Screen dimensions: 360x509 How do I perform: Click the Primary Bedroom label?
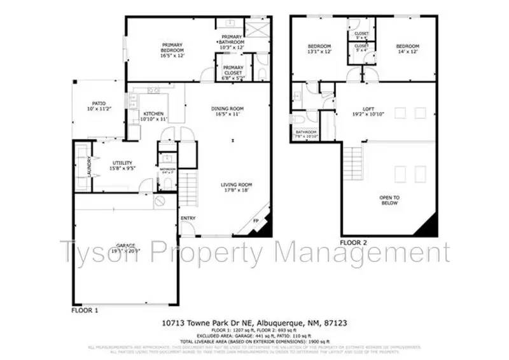click(172, 47)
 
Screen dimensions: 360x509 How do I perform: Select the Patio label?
click(99, 106)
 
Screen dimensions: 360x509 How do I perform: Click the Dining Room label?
click(228, 111)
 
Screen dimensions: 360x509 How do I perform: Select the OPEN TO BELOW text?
click(389, 200)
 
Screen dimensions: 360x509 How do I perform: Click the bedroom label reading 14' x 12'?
click(407, 49)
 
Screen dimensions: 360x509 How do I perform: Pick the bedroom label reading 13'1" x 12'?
click(319, 49)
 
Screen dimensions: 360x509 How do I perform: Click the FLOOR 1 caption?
click(84, 311)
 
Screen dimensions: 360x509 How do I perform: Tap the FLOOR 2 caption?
click(354, 242)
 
